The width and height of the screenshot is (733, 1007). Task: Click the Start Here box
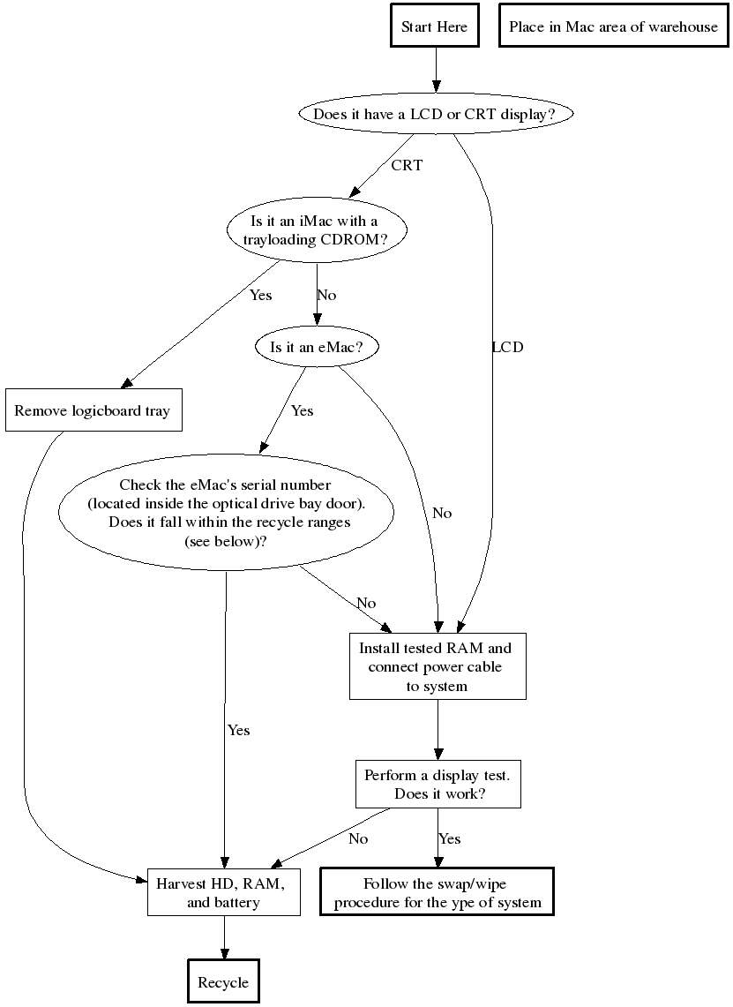(434, 27)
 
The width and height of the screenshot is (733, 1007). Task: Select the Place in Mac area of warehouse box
(613, 27)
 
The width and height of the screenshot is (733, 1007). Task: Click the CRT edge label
(407, 165)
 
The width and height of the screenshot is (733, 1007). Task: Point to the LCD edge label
(507, 347)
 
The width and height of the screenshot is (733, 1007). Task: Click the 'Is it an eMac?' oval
(317, 347)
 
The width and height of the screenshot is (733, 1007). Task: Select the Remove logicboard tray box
(93, 410)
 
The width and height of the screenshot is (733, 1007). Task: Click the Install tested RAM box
(437, 666)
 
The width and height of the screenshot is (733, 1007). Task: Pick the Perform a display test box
(438, 784)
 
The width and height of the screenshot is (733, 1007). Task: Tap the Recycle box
(223, 982)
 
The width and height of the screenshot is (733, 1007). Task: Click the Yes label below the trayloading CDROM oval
(260, 295)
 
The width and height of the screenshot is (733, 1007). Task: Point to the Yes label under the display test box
(450, 838)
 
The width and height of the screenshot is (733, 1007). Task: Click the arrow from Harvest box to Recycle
(224, 937)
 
